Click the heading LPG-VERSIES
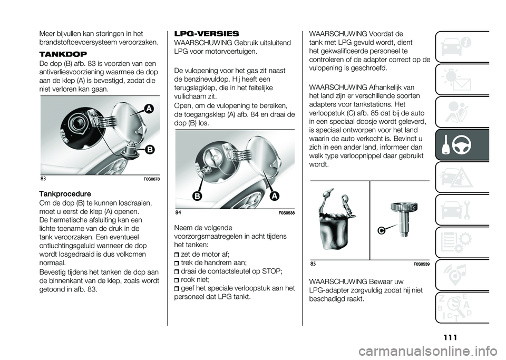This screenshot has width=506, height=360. tap(207, 34)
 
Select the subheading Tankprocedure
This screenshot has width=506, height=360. tap(65, 194)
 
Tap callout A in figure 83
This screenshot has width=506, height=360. tap(149, 109)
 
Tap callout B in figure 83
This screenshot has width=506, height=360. tap(149, 149)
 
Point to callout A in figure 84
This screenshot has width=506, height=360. tap(276, 196)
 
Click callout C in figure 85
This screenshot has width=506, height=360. tap(382, 230)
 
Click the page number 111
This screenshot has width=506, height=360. tap(450, 337)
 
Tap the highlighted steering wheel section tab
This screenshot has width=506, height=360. tap(462, 145)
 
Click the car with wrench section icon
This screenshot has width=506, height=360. tap(462, 210)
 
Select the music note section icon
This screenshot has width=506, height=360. tap(462, 275)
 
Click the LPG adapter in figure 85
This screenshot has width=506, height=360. tap(401, 219)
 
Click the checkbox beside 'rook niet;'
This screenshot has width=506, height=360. tap(177, 280)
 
